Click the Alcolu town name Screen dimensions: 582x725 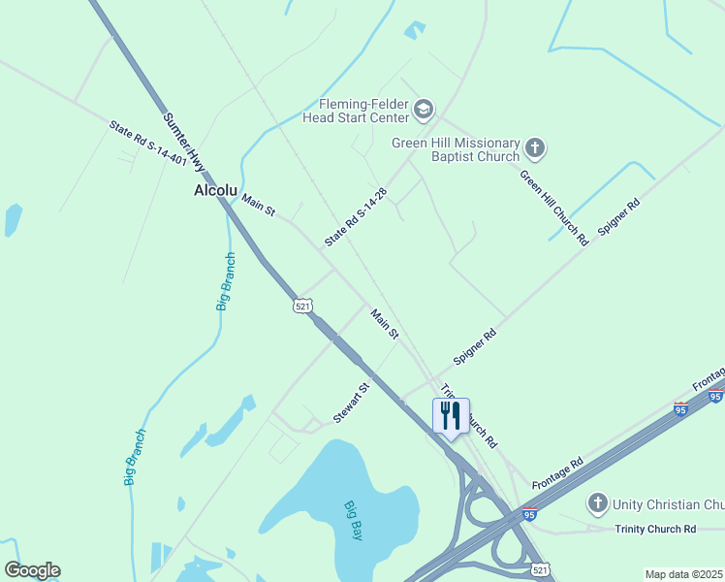point(215,191)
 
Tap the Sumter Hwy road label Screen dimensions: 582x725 point(184,140)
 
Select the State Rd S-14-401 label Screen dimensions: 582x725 point(147,143)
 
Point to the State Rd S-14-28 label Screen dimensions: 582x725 point(356,217)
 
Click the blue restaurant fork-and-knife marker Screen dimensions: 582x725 point(451,417)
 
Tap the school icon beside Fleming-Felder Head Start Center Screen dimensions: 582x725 point(423,110)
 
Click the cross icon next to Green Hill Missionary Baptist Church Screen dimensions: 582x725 point(535,149)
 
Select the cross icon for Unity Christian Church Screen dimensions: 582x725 point(598,503)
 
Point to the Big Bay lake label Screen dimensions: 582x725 point(353,521)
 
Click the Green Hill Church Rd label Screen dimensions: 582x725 point(554,208)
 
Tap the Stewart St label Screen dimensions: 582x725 point(352,403)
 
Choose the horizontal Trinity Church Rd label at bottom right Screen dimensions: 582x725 point(655,529)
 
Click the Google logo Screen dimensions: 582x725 point(32,570)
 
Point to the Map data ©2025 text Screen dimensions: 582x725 point(684,574)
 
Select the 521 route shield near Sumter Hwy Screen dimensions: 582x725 point(303,306)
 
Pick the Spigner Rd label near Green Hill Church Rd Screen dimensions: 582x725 point(620,219)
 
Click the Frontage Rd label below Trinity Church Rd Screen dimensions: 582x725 point(557,472)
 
